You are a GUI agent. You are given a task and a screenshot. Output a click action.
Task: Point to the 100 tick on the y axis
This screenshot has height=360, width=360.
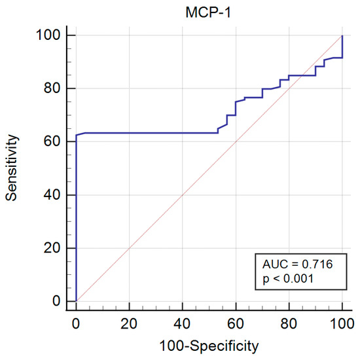52,35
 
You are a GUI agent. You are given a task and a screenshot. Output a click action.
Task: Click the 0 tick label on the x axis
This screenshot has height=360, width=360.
76,323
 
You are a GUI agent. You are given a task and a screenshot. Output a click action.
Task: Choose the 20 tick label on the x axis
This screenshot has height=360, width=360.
129,323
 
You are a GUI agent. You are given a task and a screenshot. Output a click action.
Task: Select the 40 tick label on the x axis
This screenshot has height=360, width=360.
183,323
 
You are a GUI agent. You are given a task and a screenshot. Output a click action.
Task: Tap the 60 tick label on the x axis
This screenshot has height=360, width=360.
236,323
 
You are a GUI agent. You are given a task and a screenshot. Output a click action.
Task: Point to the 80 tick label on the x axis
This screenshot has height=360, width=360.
289,323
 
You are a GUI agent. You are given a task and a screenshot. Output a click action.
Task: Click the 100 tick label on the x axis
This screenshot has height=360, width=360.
342,323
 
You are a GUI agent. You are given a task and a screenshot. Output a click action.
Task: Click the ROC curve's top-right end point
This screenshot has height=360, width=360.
342,35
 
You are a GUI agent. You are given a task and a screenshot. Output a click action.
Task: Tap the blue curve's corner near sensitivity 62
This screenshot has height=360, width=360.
77,135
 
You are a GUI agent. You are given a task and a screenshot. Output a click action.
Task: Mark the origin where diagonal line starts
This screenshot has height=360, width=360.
76,301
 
